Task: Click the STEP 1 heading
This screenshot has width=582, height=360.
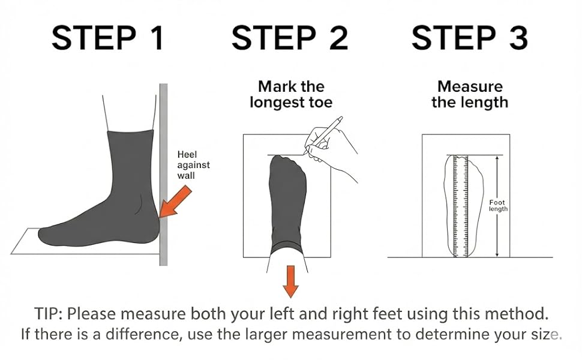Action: [x=107, y=38]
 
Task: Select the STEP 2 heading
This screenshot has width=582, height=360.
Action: [x=290, y=38]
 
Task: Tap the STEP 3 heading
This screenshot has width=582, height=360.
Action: [x=470, y=38]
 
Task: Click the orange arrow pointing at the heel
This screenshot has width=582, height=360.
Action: [x=175, y=202]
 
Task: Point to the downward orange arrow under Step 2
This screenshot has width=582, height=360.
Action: [x=290, y=281]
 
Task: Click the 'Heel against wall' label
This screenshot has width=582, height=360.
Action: [x=193, y=165]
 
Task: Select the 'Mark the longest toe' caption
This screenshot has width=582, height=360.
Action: [x=291, y=95]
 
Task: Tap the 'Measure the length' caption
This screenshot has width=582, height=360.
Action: [x=470, y=95]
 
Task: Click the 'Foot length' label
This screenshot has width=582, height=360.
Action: [x=498, y=206]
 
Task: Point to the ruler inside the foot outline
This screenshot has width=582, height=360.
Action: [x=460, y=206]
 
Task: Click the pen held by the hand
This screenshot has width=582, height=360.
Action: [x=323, y=136]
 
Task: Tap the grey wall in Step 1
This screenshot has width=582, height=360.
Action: [x=163, y=175]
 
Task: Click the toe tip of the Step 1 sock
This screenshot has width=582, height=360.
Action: [x=40, y=234]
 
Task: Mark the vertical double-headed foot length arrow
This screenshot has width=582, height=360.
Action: [x=497, y=206]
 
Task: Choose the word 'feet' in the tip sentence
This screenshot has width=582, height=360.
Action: [x=388, y=314]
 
